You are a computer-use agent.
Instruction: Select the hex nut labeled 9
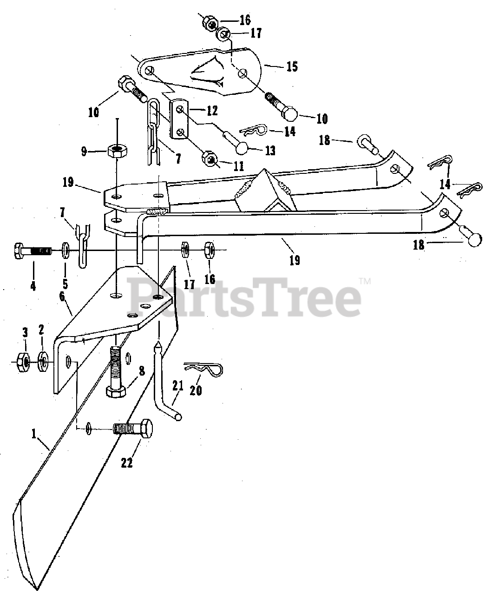[118, 150]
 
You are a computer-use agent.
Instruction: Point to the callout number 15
[292, 66]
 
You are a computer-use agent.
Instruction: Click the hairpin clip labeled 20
[204, 370]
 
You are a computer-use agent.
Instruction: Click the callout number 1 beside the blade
[33, 434]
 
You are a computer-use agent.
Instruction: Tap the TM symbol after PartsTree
[365, 281]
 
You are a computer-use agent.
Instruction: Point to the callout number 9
[84, 151]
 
